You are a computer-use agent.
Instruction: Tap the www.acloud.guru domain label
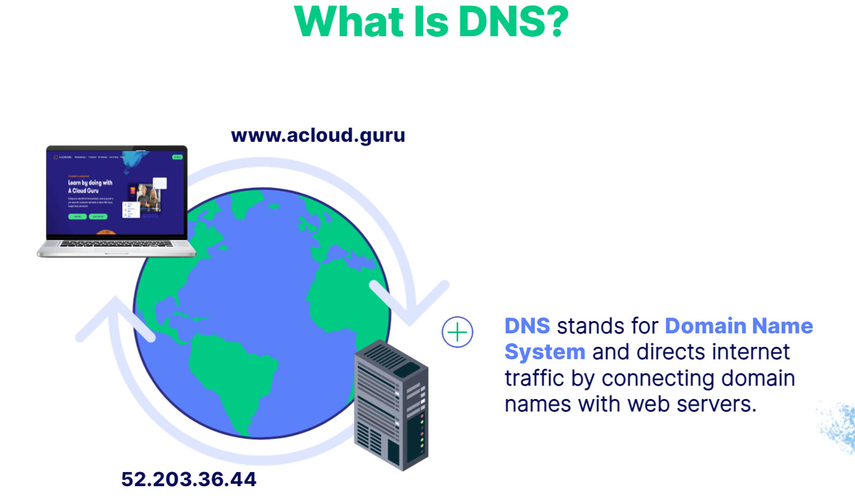click(x=318, y=135)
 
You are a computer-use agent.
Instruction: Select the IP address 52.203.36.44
click(x=189, y=479)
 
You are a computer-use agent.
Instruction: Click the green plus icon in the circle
click(x=458, y=333)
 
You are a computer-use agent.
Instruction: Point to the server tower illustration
click(x=391, y=405)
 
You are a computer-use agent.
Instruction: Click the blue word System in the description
click(x=545, y=352)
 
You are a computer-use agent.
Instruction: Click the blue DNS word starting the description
click(x=527, y=326)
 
